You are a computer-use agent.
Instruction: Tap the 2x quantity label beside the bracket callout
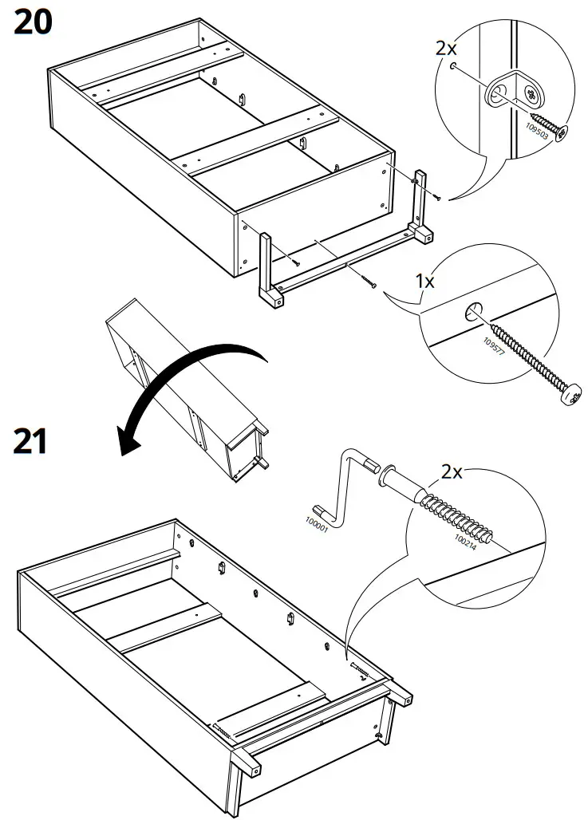[447, 47]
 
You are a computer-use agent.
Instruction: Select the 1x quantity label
[424, 282]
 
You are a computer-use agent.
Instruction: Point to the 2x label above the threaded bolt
[452, 471]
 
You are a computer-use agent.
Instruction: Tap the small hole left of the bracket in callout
[454, 68]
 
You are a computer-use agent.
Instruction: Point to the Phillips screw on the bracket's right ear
[531, 97]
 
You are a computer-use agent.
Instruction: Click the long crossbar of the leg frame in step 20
[343, 263]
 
